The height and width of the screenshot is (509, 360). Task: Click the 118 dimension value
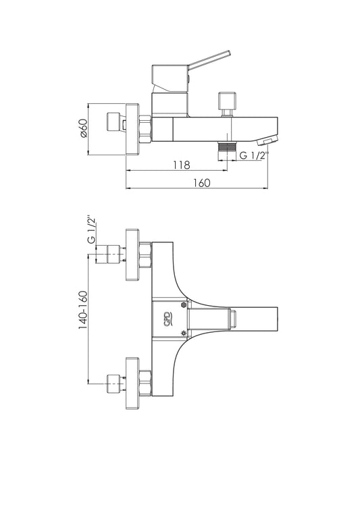(x=181, y=165)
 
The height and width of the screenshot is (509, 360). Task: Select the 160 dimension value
(x=202, y=183)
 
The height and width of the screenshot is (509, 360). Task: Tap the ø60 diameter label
(x=84, y=128)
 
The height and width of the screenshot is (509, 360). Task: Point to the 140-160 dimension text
(x=83, y=310)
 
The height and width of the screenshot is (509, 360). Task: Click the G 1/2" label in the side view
(x=253, y=156)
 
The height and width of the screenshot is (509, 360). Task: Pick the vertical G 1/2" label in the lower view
(x=93, y=229)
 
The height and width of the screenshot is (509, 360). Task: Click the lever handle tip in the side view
(x=228, y=53)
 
